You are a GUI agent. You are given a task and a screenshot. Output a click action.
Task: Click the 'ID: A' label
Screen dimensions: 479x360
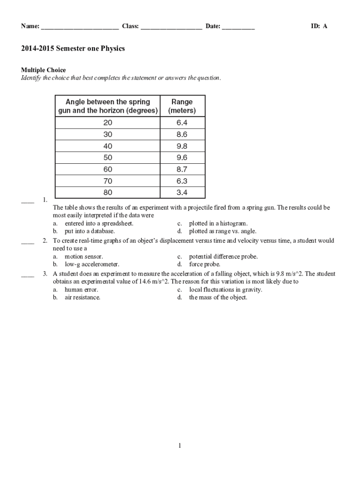point(319,26)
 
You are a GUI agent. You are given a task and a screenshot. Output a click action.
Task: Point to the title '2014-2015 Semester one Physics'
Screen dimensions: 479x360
point(72,49)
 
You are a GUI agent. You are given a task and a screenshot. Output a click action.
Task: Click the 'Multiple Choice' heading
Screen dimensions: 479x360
point(43,70)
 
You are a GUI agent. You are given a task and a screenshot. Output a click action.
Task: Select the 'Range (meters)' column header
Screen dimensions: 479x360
point(182,106)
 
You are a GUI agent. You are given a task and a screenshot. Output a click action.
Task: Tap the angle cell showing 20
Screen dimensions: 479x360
point(108,123)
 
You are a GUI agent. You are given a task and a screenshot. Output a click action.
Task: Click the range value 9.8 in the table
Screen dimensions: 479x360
point(182,146)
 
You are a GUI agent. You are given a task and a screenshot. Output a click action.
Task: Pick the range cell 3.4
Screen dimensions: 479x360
point(182,192)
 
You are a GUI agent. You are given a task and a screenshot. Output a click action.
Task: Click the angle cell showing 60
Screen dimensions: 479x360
point(108,169)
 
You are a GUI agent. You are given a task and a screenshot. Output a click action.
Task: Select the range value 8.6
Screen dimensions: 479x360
point(182,134)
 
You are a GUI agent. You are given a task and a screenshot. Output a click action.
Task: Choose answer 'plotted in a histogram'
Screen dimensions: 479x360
point(218,224)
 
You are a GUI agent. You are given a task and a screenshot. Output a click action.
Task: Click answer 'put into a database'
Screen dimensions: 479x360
point(89,231)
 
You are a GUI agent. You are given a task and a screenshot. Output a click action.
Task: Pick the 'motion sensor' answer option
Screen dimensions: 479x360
point(84,257)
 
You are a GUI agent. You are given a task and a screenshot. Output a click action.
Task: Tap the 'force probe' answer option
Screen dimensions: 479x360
point(204,264)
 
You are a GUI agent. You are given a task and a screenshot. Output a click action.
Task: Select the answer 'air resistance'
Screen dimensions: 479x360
point(82,298)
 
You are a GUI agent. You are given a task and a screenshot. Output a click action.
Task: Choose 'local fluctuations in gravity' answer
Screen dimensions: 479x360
point(225,290)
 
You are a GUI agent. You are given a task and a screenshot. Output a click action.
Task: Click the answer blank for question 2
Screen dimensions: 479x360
point(28,242)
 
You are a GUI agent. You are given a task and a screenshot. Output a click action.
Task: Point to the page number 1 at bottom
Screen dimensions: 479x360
point(180,446)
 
